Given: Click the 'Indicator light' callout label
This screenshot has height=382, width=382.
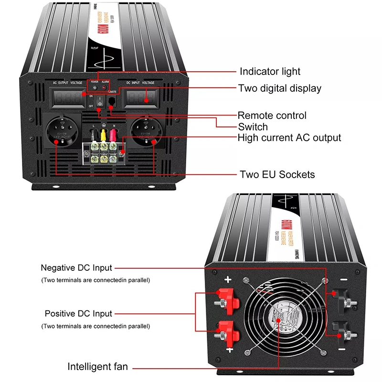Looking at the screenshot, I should pos(270,72).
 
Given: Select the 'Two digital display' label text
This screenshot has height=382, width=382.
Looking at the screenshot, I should pos(280,88).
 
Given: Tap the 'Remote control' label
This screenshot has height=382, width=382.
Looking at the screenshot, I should pos(272,116).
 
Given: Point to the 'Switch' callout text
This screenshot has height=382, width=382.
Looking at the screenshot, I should pos(253,127).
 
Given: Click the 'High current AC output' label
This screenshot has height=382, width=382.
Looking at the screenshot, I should pos(289,138).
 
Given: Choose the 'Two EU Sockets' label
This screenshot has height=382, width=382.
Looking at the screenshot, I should pos(277,174).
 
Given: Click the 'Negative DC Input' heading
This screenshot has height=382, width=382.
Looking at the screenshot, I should pos(76,268).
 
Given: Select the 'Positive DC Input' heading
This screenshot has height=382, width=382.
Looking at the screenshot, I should pos(78,314).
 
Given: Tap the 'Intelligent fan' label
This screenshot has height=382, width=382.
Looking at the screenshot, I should pos(97,367).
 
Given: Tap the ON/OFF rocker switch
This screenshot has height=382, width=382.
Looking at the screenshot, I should pos(99,101).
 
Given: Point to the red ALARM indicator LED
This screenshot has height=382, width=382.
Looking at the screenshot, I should pos(105,88).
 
